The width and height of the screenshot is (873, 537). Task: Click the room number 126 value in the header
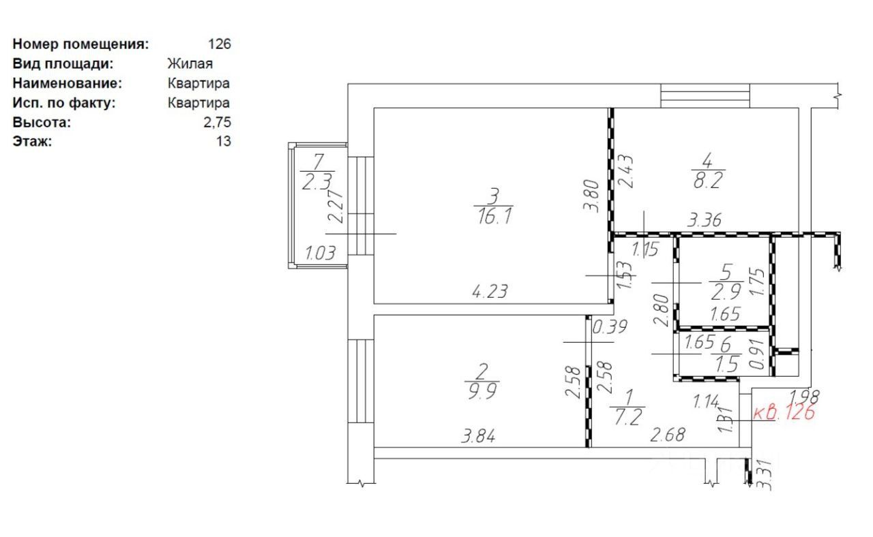click(220, 44)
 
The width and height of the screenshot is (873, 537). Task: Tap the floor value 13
click(223, 142)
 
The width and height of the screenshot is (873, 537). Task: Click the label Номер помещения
click(80, 44)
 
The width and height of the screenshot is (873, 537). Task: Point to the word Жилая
click(190, 64)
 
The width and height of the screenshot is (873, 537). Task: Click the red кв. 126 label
click(784, 412)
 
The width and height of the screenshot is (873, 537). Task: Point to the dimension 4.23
click(490, 292)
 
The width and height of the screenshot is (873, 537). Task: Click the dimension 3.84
click(479, 437)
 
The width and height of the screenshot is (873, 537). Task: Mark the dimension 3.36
click(705, 219)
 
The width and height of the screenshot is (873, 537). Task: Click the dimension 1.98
click(803, 395)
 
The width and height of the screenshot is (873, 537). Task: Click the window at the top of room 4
click(705, 95)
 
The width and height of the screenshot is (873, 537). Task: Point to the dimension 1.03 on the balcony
click(320, 254)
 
